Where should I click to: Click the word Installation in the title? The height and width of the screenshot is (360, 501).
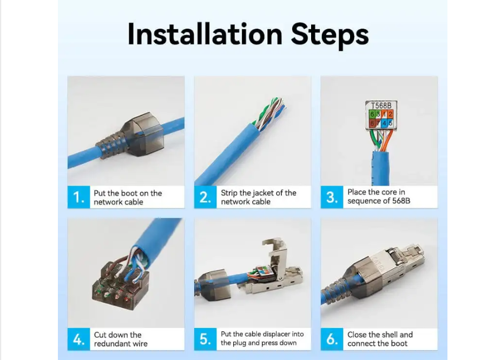(205, 34)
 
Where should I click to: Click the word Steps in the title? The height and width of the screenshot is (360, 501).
(329, 36)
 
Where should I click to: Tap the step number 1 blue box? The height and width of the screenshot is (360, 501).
(78, 197)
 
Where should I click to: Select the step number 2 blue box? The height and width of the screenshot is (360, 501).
(205, 197)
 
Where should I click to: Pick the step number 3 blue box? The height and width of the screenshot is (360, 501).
(332, 197)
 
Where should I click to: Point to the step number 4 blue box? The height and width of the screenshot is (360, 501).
(78, 339)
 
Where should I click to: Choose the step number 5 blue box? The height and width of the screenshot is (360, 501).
(205, 339)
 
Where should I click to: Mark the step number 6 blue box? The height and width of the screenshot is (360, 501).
(332, 339)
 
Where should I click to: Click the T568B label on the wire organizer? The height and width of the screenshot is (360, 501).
(381, 105)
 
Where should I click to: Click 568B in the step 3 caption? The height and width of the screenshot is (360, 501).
(401, 201)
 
